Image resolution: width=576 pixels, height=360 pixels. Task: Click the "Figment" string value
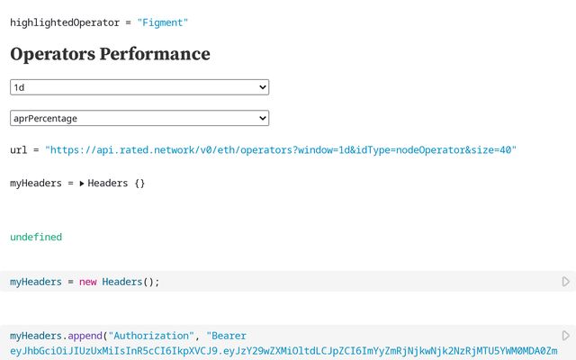(163, 22)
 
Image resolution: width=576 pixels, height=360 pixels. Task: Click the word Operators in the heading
(54, 54)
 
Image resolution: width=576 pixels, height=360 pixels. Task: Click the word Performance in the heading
(157, 54)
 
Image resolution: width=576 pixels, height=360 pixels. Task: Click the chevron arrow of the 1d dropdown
(262, 87)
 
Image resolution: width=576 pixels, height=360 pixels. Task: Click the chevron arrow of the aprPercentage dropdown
(262, 118)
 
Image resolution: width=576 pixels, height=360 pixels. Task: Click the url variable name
(18, 151)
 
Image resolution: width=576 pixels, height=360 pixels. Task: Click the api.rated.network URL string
(281, 151)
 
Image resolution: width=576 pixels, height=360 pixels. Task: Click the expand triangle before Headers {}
(82, 184)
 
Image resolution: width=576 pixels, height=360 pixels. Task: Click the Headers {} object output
(116, 184)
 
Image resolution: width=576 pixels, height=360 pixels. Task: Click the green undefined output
(36, 237)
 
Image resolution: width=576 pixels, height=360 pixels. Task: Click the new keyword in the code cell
(87, 282)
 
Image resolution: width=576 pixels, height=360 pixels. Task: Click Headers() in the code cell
(130, 282)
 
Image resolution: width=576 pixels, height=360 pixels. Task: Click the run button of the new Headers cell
(565, 282)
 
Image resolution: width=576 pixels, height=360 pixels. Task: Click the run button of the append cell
(565, 336)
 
